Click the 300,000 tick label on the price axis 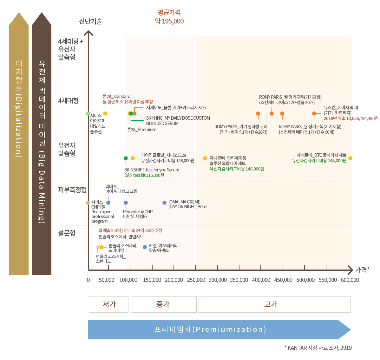pyautogui.click(x=218, y=280)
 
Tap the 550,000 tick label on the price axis pyautogui.click(x=328, y=280)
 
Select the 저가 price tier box pyautogui.click(x=109, y=304)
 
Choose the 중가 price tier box pyautogui.click(x=163, y=304)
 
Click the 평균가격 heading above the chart pyautogui.click(x=169, y=13)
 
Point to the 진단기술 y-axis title pyautogui.click(x=90, y=21)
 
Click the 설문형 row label pyautogui.click(x=67, y=233)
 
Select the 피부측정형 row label pyautogui.click(x=72, y=190)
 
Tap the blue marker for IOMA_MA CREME pyautogui.click(x=164, y=203)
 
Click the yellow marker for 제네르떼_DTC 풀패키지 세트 pyautogui.click(x=350, y=158)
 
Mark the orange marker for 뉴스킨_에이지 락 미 pyautogui.click(x=314, y=113)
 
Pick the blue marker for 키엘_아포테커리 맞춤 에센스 pyautogui.click(x=145, y=247)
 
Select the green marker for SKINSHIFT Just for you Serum pyautogui.click(x=126, y=158)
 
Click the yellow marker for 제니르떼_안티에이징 pyautogui.click(x=205, y=158)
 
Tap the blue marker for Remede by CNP pyautogui.click(x=126, y=203)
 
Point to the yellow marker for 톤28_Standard pyautogui.click(x=105, y=113)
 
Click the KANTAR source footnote pyautogui.click(x=318, y=348)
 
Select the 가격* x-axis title pyautogui.click(x=362, y=270)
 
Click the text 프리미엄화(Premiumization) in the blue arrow pyautogui.click(x=210, y=330)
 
